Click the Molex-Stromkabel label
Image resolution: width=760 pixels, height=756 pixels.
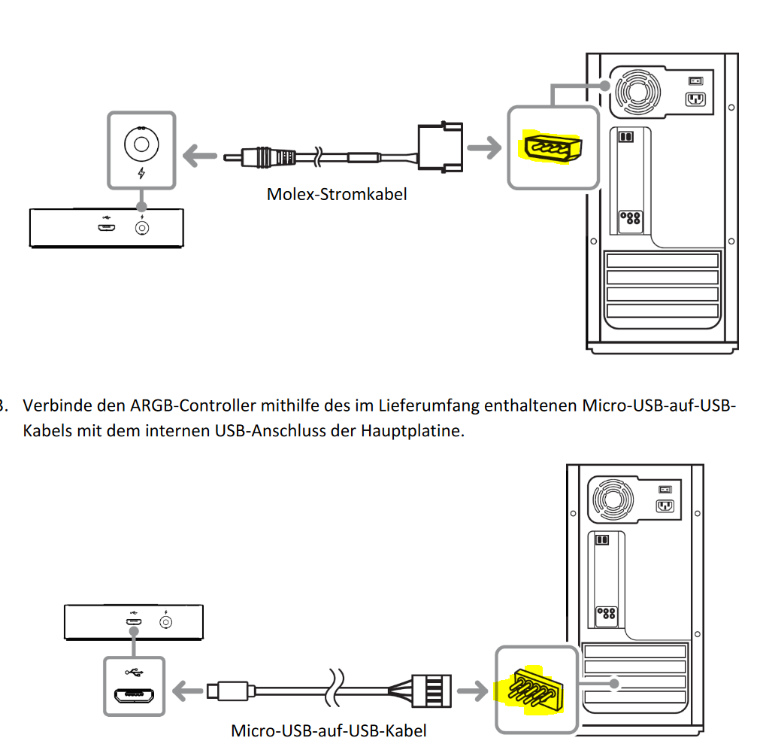point(336,195)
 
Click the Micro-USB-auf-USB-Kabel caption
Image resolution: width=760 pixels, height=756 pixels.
point(329,730)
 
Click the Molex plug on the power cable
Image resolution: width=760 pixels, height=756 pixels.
point(440,147)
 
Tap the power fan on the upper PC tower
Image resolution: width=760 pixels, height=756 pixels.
point(638,91)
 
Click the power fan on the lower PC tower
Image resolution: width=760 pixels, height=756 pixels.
point(613,499)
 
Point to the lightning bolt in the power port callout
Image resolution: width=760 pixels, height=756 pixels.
point(141,172)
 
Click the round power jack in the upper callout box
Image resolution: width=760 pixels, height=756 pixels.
point(141,144)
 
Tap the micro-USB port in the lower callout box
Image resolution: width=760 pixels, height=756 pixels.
point(135,696)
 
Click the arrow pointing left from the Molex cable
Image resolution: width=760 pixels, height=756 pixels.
point(200,156)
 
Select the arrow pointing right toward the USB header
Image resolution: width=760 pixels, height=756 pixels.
point(472,691)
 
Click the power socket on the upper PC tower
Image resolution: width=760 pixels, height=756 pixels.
point(695,99)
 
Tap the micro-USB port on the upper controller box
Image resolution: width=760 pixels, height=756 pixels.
point(107,227)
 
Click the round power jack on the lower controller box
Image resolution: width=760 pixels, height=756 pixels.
point(166,622)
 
